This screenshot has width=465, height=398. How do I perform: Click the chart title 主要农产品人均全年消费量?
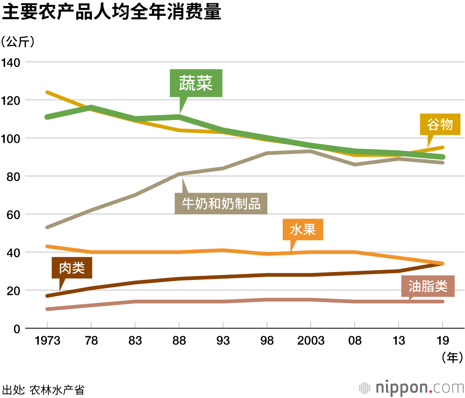click(111, 13)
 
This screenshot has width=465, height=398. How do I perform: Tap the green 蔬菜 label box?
click(196, 84)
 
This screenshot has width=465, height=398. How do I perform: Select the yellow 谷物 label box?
click(439, 124)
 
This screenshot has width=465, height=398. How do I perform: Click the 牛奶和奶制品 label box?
click(221, 203)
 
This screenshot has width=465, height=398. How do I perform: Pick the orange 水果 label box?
click(303, 230)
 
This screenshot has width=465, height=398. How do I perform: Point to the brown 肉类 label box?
click(72, 268)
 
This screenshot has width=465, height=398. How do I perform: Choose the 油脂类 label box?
click(427, 287)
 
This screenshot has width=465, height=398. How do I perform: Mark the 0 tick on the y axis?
click(16, 329)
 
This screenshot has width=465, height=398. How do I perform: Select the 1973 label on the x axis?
click(48, 341)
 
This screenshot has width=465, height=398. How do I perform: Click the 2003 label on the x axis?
click(311, 341)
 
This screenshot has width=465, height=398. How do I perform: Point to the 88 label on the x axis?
click(179, 341)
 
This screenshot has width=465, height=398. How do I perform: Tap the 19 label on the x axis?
click(442, 341)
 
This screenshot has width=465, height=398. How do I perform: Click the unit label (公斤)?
click(18, 42)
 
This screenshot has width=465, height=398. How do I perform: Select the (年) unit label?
click(451, 357)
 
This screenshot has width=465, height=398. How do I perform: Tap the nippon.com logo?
click(412, 387)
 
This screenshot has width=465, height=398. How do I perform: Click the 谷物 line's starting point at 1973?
click(47, 93)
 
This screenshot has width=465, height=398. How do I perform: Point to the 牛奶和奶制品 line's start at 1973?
click(47, 227)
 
